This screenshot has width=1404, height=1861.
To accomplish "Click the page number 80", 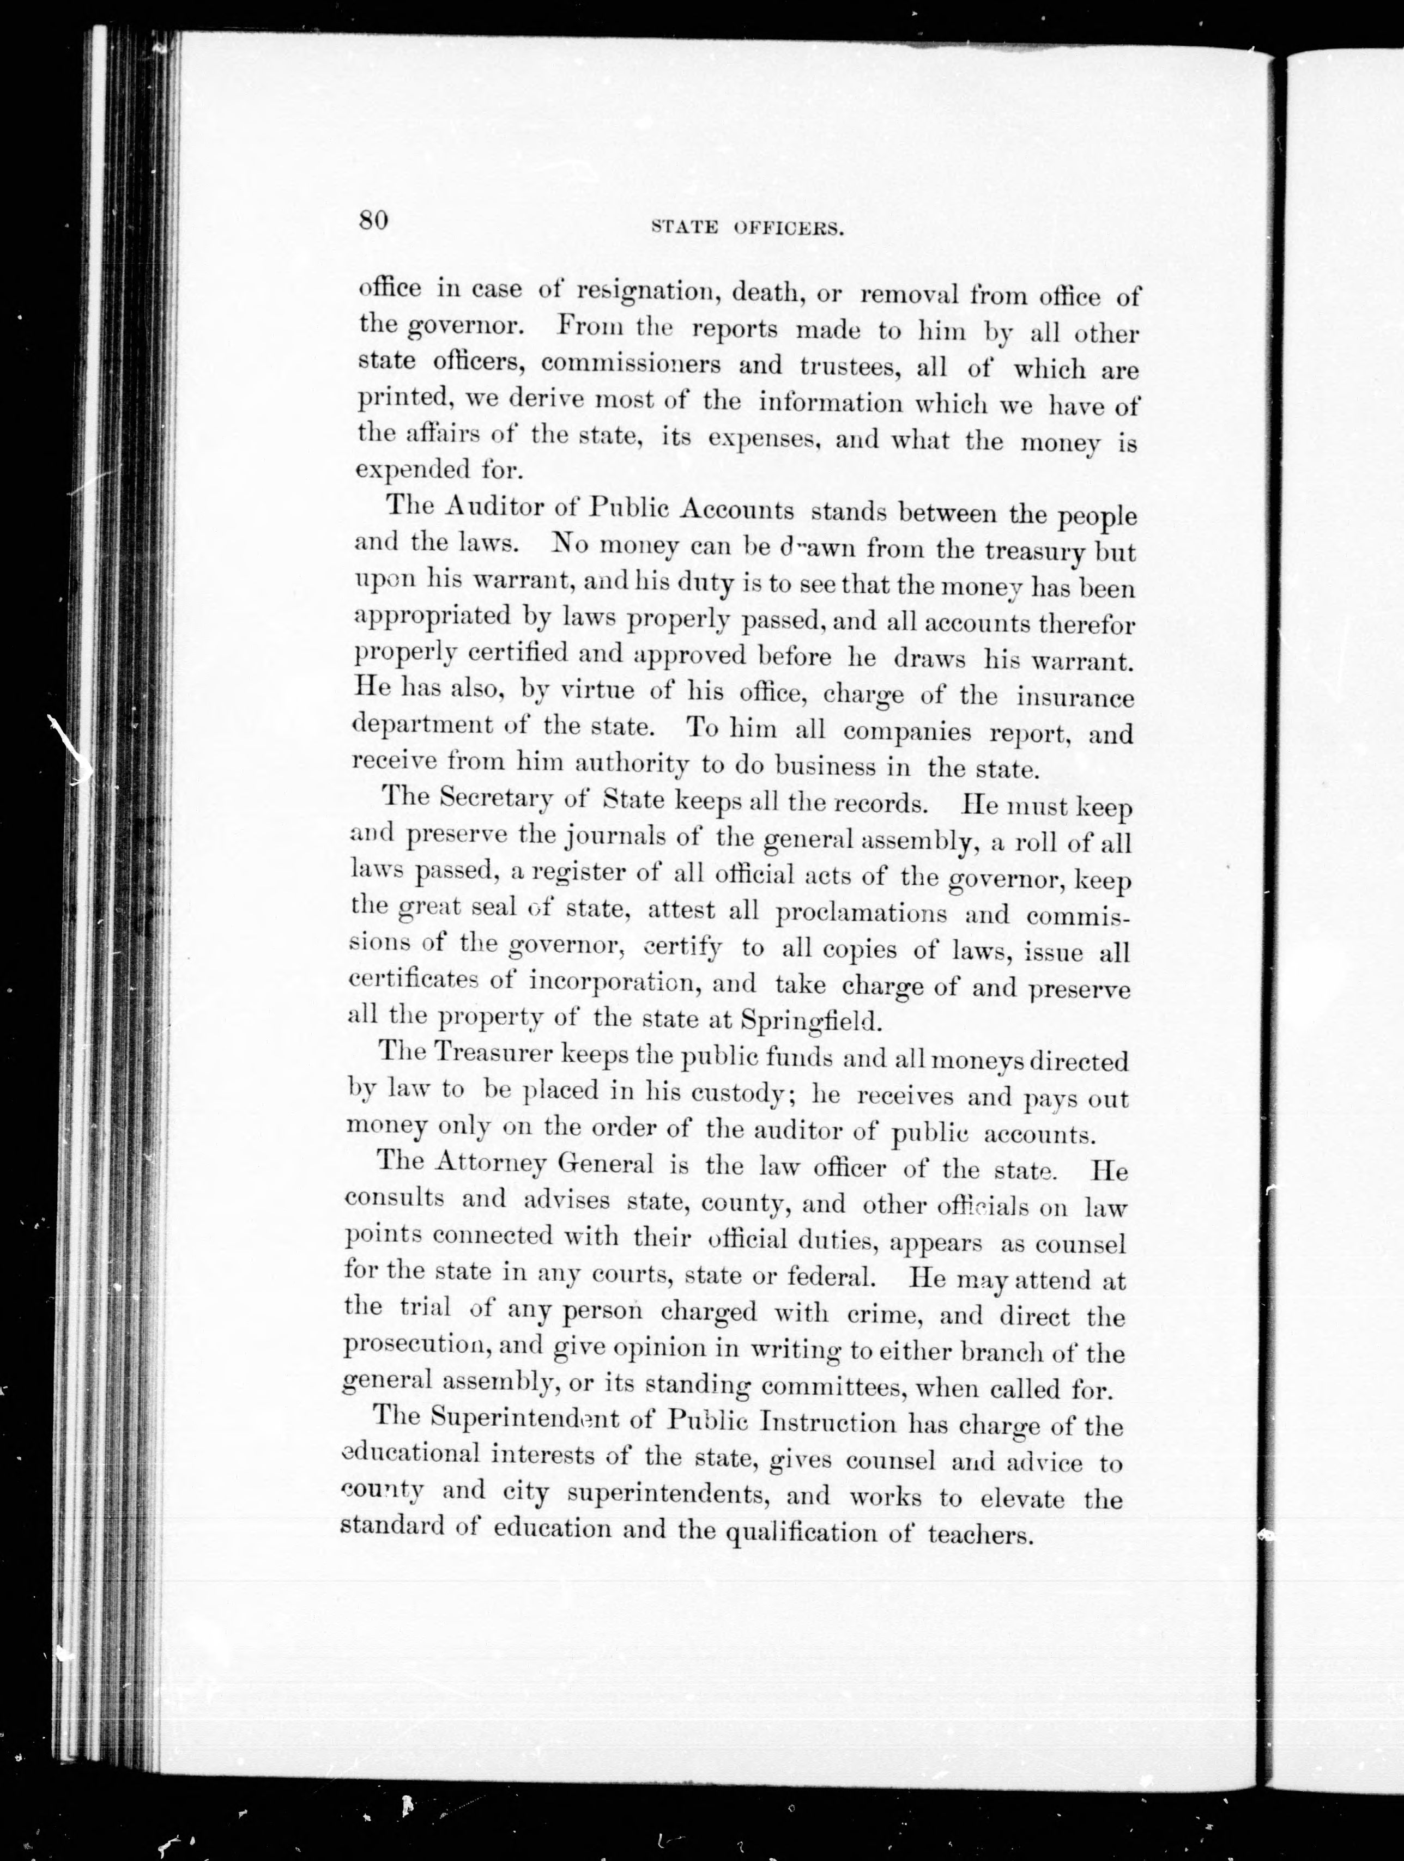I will tap(372, 221).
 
